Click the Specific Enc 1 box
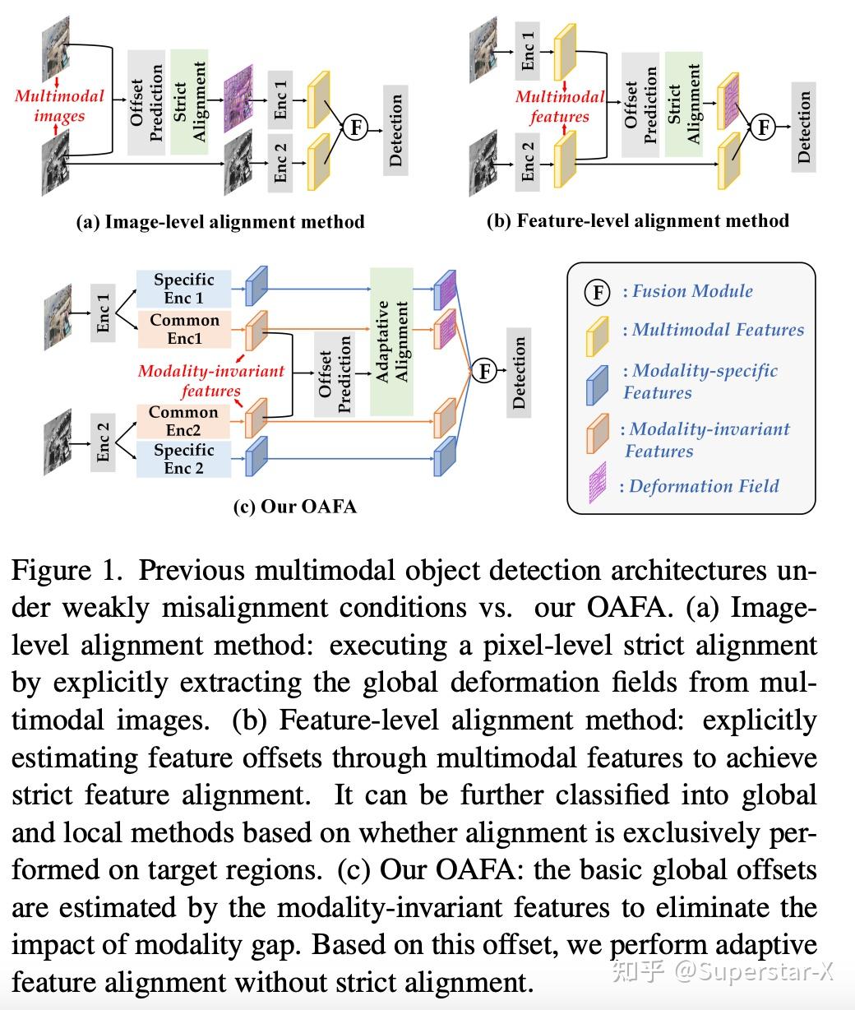pyautogui.click(x=183, y=289)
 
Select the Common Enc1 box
pyautogui.click(x=184, y=329)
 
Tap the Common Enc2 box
pyautogui.click(x=183, y=421)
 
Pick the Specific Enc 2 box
pyautogui.click(x=183, y=459)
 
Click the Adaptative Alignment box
pyautogui.click(x=392, y=341)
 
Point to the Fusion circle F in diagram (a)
pyautogui.click(x=355, y=127)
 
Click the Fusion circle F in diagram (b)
pyautogui.click(x=764, y=127)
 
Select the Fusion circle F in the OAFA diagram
pyautogui.click(x=484, y=372)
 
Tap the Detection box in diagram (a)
pyautogui.click(x=396, y=129)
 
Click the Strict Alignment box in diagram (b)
pyautogui.click(x=683, y=104)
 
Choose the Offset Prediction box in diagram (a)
pyautogui.click(x=146, y=102)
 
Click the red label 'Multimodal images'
pyautogui.click(x=59, y=105)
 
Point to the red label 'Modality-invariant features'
pyautogui.click(x=210, y=380)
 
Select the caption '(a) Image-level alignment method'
pyautogui.click(x=220, y=221)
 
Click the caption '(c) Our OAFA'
pyautogui.click(x=294, y=506)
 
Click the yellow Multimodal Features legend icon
pyautogui.click(x=597, y=335)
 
